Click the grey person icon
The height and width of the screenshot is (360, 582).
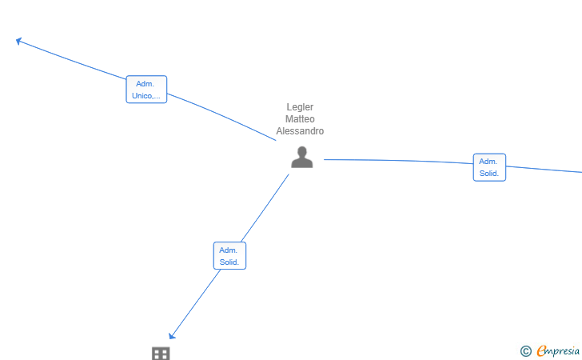coord(301,157)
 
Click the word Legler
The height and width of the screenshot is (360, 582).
coord(300,107)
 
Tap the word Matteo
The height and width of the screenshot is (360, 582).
coord(300,119)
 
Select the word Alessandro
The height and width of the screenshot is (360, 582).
coord(300,130)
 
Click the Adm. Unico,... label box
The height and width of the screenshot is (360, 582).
coord(146,90)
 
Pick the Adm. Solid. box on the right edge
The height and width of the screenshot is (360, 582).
coord(489,167)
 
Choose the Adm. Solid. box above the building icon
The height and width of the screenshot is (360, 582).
coord(229,256)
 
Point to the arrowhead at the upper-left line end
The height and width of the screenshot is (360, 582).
coord(18,41)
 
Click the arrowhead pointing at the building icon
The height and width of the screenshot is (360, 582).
coord(172,336)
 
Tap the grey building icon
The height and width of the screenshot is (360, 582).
coord(161,354)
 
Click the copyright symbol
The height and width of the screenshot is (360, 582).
coord(525,351)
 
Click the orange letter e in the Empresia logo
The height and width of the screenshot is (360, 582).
coord(541,350)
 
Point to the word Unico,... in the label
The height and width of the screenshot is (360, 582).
coord(146,96)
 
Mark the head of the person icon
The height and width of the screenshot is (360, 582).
coord(302,151)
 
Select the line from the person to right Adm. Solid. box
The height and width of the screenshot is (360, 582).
coord(398,161)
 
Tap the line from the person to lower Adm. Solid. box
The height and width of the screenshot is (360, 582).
coord(265,208)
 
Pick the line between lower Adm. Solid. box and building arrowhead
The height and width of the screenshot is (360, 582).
coord(196,302)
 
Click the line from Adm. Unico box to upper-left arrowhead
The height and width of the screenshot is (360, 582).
coord(72,60)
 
